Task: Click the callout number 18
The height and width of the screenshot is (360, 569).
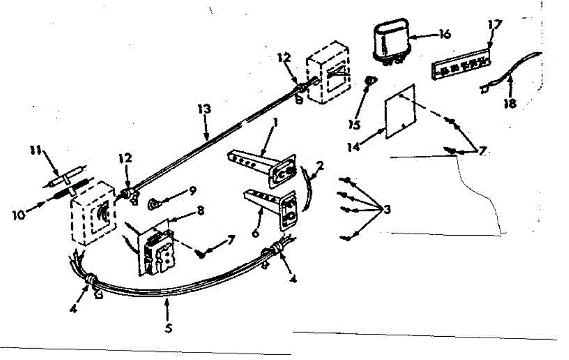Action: pos(510,103)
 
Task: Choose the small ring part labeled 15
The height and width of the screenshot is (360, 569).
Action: pos(367,81)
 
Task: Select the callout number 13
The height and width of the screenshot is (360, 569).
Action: pos(205,110)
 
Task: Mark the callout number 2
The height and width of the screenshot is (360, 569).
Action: pos(321,166)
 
